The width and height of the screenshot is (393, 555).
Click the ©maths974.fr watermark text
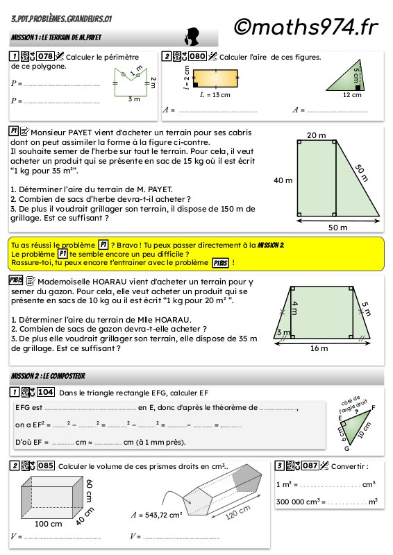pos(306,27)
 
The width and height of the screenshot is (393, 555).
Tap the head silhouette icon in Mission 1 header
pos(192,37)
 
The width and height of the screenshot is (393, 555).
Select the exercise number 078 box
pos(46,56)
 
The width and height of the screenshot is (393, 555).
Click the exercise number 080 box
pos(197,56)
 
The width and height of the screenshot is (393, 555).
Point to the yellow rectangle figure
pos(215,78)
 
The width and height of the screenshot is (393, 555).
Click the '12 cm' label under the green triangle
pos(352,95)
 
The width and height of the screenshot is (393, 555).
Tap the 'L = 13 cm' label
pos(215,95)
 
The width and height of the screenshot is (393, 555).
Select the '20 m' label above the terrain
pos(317,135)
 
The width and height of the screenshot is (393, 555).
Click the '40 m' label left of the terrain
pos(283,180)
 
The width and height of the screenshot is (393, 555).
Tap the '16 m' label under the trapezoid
pos(319,348)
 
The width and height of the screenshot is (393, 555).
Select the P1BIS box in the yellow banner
pos(220,263)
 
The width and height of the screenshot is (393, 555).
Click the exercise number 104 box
pos(46,392)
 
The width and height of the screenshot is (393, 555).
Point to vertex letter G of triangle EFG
pos(347,448)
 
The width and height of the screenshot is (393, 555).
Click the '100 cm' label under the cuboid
pos(48,524)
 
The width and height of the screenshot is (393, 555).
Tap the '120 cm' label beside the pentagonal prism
pos(237,512)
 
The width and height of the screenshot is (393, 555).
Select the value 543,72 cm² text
pos(163,515)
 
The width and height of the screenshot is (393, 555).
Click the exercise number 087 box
pos(310,466)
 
